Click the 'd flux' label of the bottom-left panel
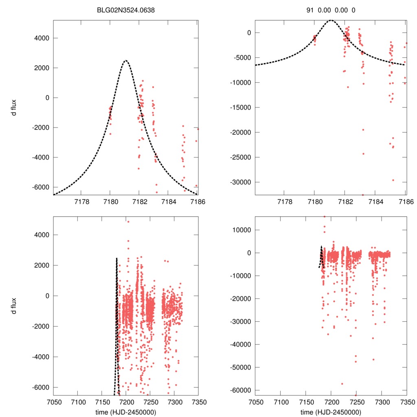click(14, 305)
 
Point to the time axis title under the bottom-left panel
click(125, 412)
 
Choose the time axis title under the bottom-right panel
click(331, 412)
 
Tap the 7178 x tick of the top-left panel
click(81, 202)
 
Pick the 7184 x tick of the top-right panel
click(375, 202)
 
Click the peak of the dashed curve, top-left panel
click(125, 60)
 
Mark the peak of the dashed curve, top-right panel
click(331, 20)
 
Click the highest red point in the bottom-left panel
click(128, 222)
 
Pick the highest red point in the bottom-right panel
click(324, 217)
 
